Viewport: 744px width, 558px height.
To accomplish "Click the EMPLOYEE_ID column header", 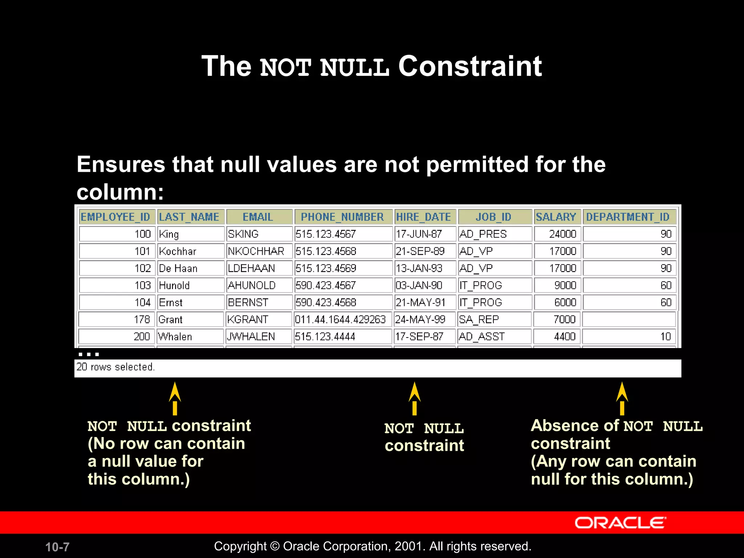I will coord(116,217).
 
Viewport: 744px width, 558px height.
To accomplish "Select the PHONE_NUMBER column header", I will coord(342,217).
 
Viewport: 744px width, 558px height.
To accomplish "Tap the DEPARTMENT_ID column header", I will coord(628,217).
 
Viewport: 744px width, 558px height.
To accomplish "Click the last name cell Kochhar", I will coord(178,251).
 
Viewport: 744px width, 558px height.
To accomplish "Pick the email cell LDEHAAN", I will coord(251,268).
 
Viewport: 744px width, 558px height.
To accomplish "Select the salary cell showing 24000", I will coord(562,234).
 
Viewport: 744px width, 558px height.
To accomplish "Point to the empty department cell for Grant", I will coord(629,319).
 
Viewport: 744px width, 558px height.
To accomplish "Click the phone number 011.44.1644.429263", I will coord(340,319).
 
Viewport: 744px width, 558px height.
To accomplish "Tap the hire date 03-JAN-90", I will coord(419,285).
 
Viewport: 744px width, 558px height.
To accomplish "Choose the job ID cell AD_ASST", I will coord(482,336).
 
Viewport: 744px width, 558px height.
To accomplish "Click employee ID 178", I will coord(142,319).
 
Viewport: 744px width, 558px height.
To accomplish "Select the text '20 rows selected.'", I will coord(116,367).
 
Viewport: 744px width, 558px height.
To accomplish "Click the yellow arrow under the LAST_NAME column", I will coord(175,398).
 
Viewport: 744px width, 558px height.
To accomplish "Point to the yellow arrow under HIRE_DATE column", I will coord(415,398).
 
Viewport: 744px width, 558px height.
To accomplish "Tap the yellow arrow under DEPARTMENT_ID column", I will coord(622,398).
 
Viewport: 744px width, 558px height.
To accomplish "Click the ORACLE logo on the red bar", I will coord(620,523).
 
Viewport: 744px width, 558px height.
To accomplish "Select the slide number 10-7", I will coord(57,547).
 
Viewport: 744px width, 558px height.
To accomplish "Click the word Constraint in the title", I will coord(470,66).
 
